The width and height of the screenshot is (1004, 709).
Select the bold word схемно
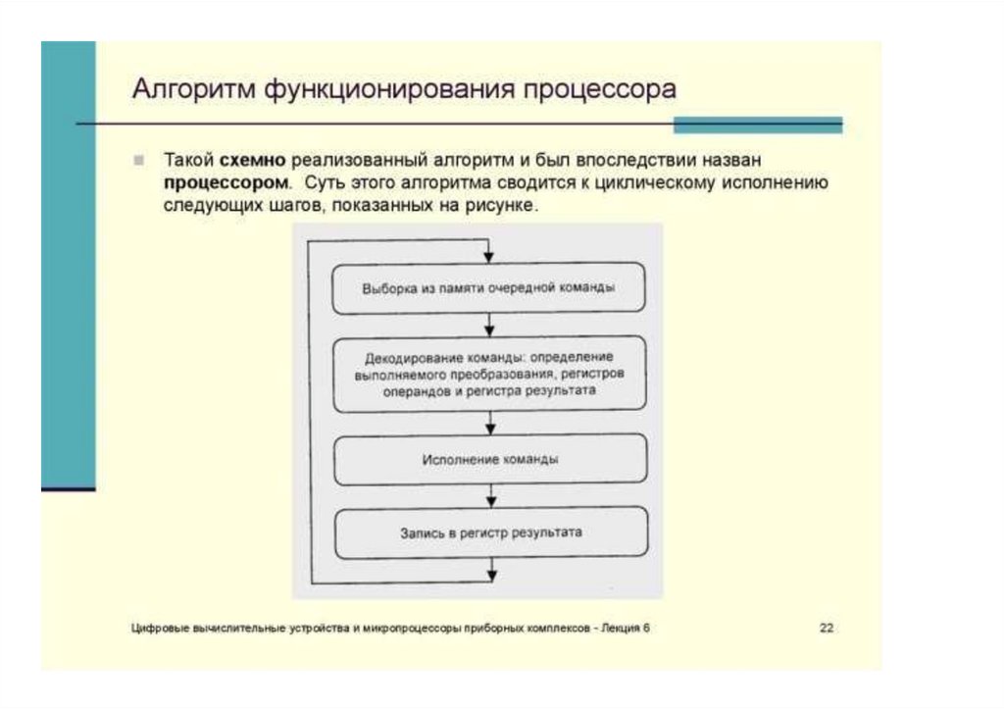[x=253, y=159]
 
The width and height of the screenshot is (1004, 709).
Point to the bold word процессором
[x=226, y=182]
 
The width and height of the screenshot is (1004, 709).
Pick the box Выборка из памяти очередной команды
[x=489, y=288]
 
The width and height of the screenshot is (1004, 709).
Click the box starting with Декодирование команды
[x=489, y=374]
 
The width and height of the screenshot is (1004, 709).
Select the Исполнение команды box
[x=489, y=459]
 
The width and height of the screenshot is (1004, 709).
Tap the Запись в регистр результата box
[x=489, y=532]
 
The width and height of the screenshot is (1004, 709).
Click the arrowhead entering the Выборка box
[x=490, y=256]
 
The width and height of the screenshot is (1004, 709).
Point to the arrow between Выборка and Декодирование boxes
[x=490, y=326]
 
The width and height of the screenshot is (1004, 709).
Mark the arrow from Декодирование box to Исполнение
[x=490, y=423]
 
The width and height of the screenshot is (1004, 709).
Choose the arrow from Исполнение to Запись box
[x=490, y=496]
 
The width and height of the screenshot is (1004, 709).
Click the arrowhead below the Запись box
[x=490, y=574]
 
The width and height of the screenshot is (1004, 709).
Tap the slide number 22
[x=827, y=629]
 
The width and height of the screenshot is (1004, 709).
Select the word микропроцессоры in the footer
[x=405, y=629]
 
